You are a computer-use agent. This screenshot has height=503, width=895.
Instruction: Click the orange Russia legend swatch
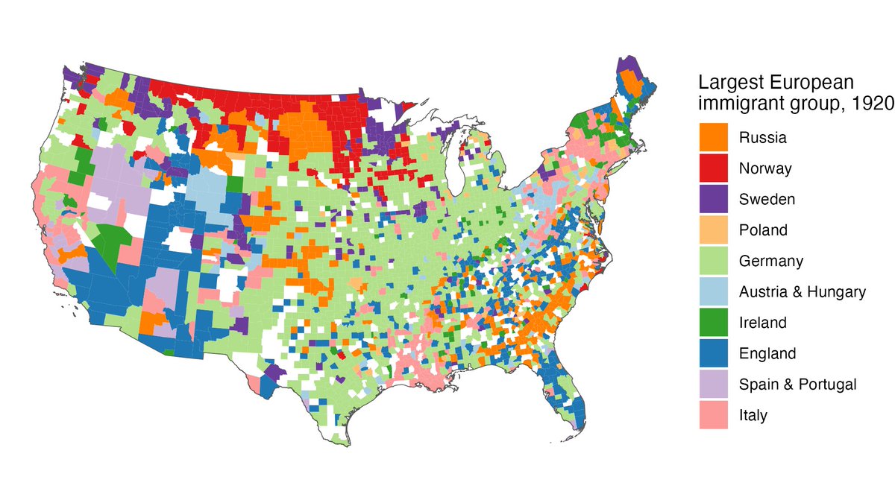[714, 138]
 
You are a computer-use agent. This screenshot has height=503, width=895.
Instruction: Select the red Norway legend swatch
[714, 168]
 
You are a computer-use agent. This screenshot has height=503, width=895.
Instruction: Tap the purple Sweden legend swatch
[714, 199]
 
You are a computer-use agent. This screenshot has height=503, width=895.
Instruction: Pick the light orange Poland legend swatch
[714, 230]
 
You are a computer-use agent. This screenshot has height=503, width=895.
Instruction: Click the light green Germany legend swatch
[714, 261]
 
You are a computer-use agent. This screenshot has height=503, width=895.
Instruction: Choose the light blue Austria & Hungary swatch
[714, 291]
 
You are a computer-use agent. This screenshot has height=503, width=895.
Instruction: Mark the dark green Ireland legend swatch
[714, 323]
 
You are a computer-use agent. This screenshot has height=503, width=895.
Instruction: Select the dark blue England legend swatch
[714, 353]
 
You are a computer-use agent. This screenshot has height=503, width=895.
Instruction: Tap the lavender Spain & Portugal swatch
[714, 384]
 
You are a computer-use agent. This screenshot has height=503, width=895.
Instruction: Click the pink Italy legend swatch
[714, 415]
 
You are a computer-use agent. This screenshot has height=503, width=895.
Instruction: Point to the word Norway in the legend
[765, 169]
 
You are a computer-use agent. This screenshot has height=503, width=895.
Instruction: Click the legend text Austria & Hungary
[803, 292]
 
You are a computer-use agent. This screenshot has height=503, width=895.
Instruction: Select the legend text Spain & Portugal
[797, 385]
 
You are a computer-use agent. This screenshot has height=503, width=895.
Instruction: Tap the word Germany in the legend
[771, 262]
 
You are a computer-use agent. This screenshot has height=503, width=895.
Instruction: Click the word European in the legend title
[808, 82]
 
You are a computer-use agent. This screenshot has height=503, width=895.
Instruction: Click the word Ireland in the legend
[763, 323]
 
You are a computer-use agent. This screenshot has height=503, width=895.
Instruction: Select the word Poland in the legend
[763, 230]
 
